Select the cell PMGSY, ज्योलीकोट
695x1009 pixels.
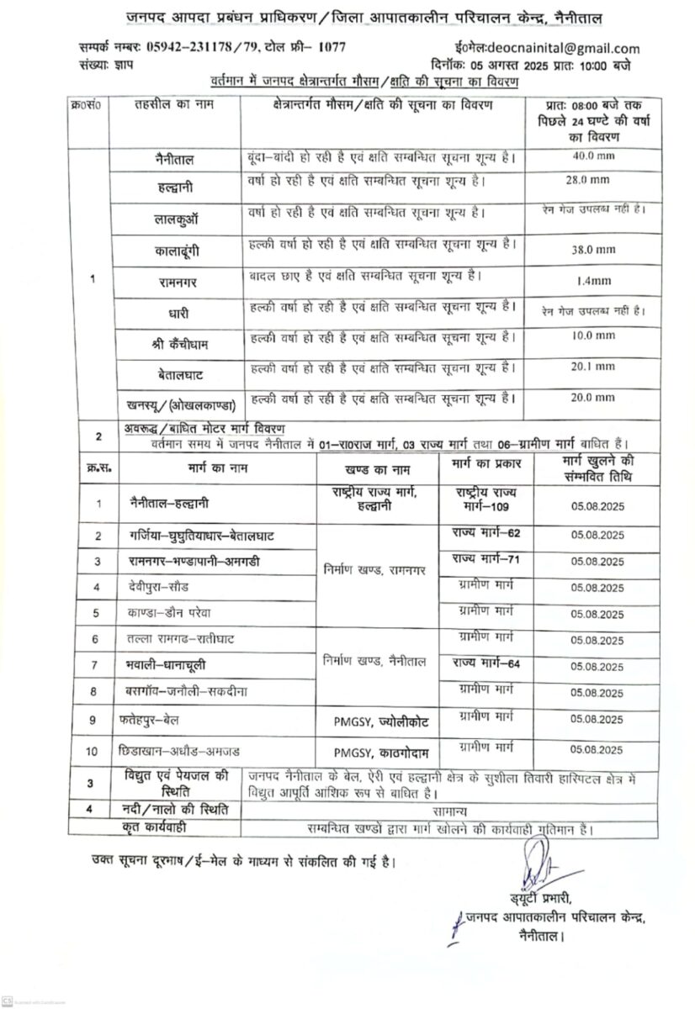(376, 721)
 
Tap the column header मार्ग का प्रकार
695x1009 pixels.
(486, 464)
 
